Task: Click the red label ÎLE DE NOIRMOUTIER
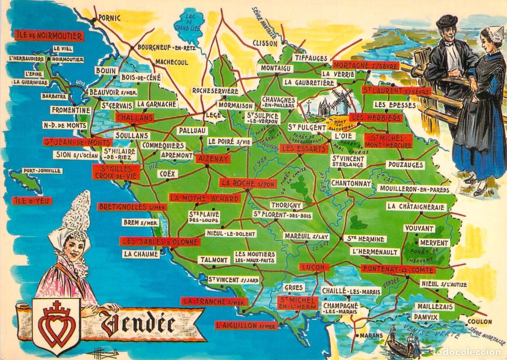pos(48,35)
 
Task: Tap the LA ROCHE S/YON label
pos(248,183)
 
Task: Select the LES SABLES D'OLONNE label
pos(160,242)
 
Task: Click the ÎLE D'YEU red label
pos(32,201)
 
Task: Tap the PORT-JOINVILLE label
pos(42,171)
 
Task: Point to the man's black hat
pos(447,20)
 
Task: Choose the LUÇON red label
pos(314,267)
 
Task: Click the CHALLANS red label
pos(134,117)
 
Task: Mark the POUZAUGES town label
pos(404,165)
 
